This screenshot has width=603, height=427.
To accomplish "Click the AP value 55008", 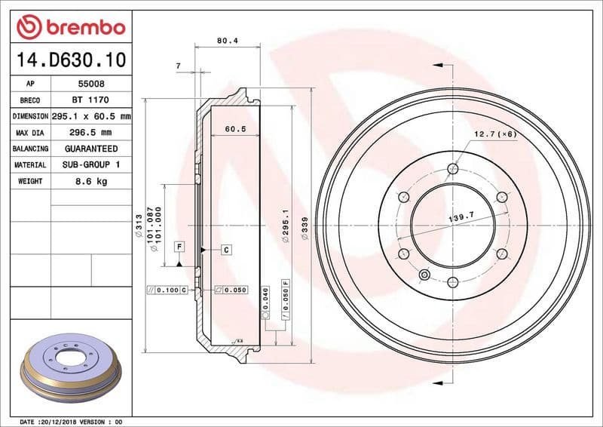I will (x=91, y=84).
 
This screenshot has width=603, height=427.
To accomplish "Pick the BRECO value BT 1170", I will (x=91, y=100).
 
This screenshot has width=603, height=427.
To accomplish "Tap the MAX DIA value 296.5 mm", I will (x=91, y=133).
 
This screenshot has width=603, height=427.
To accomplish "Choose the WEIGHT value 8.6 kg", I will (x=91, y=181).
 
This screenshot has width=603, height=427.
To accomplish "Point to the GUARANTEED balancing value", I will (x=91, y=149).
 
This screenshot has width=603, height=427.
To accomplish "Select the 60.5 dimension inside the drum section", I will (x=236, y=129).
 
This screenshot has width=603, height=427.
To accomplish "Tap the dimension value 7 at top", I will (x=178, y=66).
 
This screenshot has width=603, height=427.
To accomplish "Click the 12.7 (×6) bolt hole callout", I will (x=494, y=134).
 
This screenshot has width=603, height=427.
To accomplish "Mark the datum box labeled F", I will (x=179, y=247).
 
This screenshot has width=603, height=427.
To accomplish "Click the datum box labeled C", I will (x=225, y=249).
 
